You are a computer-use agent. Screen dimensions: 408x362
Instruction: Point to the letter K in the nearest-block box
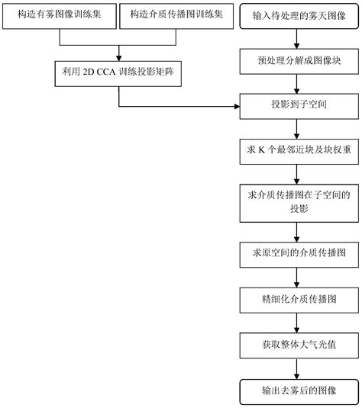[261, 150]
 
